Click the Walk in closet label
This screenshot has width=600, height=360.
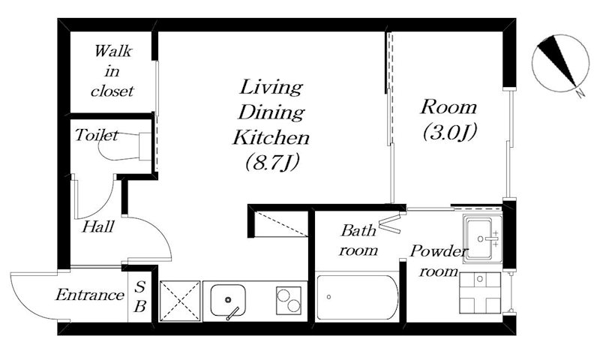tap(112, 71)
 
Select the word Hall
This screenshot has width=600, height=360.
tap(98, 226)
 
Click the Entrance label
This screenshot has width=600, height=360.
tap(90, 295)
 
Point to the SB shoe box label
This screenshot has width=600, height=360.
tap(140, 296)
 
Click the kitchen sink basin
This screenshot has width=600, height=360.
tap(228, 300)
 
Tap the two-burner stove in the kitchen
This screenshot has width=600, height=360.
tap(289, 301)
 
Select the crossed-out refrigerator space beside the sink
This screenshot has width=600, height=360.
tap(180, 301)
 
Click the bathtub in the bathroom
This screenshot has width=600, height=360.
tap(358, 297)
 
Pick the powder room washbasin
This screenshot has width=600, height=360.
tap(482, 238)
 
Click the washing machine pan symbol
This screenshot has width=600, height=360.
tap(480, 292)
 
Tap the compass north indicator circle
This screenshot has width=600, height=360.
tap(560, 64)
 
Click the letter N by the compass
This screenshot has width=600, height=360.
tap(580, 93)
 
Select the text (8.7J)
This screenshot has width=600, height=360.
tap(272, 162)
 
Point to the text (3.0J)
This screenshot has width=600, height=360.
tap(449, 132)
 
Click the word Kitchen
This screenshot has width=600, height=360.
tap(271, 137)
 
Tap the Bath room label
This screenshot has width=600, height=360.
tap(358, 240)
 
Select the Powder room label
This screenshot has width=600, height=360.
tap(439, 261)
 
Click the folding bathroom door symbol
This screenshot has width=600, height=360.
tap(390, 223)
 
